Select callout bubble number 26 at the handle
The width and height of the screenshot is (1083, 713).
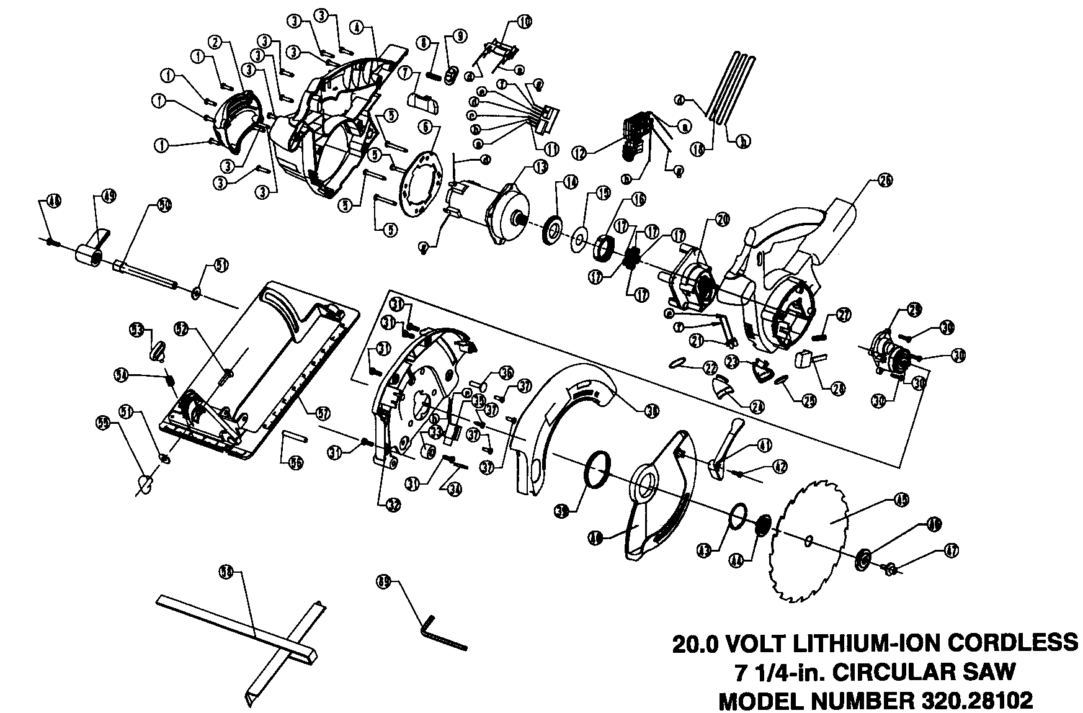885,181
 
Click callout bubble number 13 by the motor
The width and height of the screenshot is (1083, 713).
539,166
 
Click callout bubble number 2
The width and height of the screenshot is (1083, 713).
215,42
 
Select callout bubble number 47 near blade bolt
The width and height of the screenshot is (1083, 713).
952,549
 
